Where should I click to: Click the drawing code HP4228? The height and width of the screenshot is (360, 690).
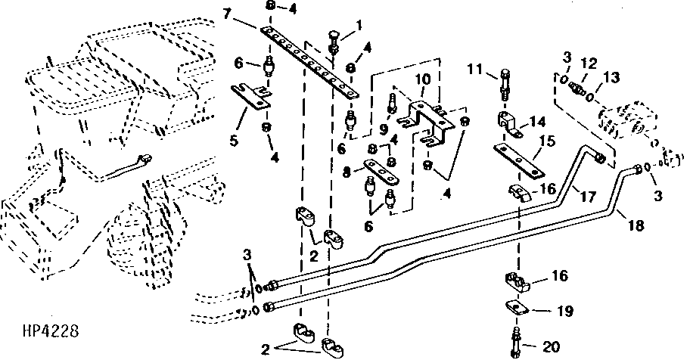pyautogui.click(x=51, y=330)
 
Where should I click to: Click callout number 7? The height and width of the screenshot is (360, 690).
pyautogui.click(x=227, y=14)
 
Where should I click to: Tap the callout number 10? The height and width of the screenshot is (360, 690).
pyautogui.click(x=423, y=79)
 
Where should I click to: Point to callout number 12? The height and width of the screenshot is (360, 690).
pyautogui.click(x=589, y=64)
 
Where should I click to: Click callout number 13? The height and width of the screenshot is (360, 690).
pyautogui.click(x=611, y=78)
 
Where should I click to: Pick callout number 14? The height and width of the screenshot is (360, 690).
pyautogui.click(x=538, y=121)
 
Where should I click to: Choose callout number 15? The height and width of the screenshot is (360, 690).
pyautogui.click(x=548, y=141)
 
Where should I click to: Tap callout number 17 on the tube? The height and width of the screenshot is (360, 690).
pyautogui.click(x=587, y=196)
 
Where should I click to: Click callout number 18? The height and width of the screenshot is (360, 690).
pyautogui.click(x=636, y=225)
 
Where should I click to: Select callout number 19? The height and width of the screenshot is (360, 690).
pyautogui.click(x=564, y=311)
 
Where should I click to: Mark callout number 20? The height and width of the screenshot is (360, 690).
pyautogui.click(x=550, y=347)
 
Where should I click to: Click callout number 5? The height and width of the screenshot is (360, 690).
pyautogui.click(x=233, y=141)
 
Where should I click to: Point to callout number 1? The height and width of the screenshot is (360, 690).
pyautogui.click(x=359, y=25)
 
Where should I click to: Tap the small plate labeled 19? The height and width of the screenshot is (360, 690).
pyautogui.click(x=516, y=308)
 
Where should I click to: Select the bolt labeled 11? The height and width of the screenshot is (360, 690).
pyautogui.click(x=505, y=85)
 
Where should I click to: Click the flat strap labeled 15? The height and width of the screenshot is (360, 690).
pyautogui.click(x=518, y=161)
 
